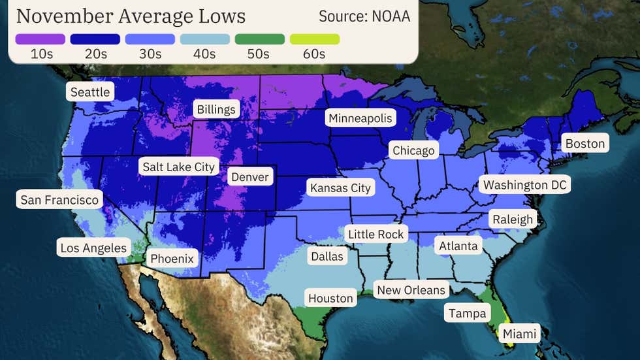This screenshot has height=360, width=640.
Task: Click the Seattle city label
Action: (x=90, y=91)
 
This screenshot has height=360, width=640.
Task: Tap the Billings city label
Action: (x=216, y=108)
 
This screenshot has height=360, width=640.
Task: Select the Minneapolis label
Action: (x=360, y=118)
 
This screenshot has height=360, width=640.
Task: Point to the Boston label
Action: (x=584, y=143)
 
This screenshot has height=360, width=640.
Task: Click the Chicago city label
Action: (x=413, y=150)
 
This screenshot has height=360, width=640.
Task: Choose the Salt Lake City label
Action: (x=178, y=167)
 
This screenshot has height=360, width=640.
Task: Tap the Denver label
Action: (x=249, y=176)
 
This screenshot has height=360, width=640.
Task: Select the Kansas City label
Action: (x=340, y=188)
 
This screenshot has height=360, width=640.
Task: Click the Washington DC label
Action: (x=524, y=184)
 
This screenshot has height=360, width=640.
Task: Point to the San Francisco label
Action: (x=59, y=199)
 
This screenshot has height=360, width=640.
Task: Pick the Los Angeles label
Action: (x=93, y=248)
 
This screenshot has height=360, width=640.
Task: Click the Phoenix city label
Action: (x=172, y=258)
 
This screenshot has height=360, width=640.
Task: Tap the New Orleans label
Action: (x=411, y=289)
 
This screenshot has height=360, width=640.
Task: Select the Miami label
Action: (x=520, y=334)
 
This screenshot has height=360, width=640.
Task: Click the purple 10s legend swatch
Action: (x=40, y=39)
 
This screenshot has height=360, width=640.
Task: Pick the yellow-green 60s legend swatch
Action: (x=315, y=39)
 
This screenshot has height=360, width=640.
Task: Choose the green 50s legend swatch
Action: (x=260, y=39)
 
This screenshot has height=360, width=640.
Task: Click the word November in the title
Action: (x=64, y=16)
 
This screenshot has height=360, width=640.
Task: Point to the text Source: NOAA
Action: (x=364, y=16)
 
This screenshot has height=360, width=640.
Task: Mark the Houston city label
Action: (x=330, y=298)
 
